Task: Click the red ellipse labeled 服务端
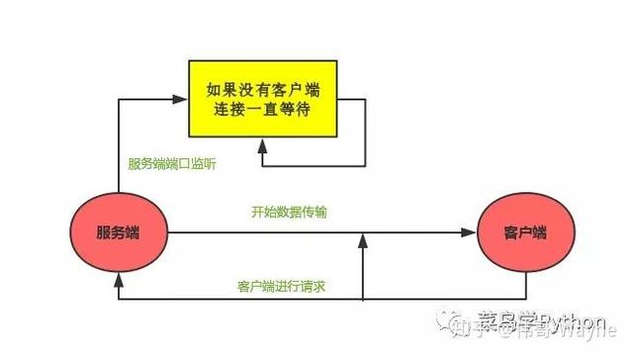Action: (117, 232)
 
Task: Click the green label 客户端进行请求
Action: (283, 286)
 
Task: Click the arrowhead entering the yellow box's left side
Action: (181, 98)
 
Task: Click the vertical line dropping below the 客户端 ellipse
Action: (525, 286)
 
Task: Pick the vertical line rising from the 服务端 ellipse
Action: (118, 148)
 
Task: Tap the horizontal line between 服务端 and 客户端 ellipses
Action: (297, 233)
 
